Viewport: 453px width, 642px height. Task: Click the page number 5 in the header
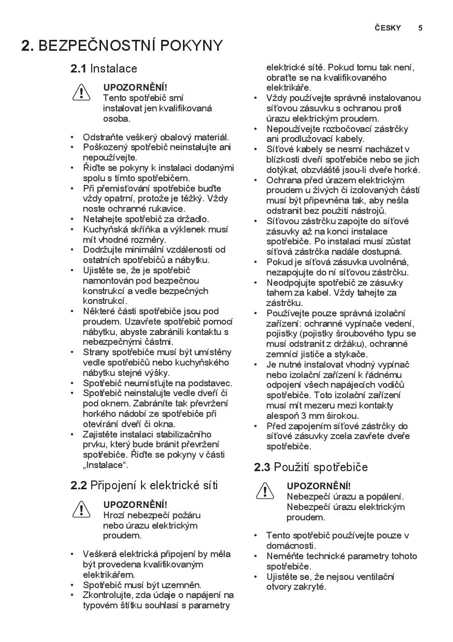tap(420, 28)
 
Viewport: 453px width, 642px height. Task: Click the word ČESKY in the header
tap(388, 28)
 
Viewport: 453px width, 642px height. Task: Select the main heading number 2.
tap(27, 46)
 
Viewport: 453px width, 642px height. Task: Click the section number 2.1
tap(78, 68)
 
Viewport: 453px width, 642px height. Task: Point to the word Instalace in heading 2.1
tap(114, 68)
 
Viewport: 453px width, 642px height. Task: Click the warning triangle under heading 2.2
tap(81, 509)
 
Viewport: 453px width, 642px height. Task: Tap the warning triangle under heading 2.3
tap(265, 490)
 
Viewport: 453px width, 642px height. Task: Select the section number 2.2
tap(78, 485)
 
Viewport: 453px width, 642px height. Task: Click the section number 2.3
tap(262, 467)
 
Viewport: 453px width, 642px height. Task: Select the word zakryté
tap(310, 587)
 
